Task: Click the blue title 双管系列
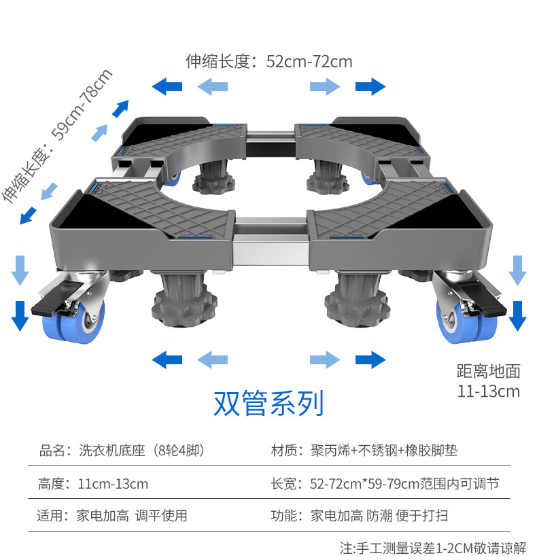point(268,403)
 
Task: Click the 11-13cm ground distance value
point(488,391)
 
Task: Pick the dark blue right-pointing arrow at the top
point(370,86)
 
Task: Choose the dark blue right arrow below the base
point(370,360)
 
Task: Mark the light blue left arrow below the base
point(212,360)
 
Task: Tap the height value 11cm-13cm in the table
point(112,484)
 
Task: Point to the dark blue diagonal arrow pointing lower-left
point(29,215)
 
